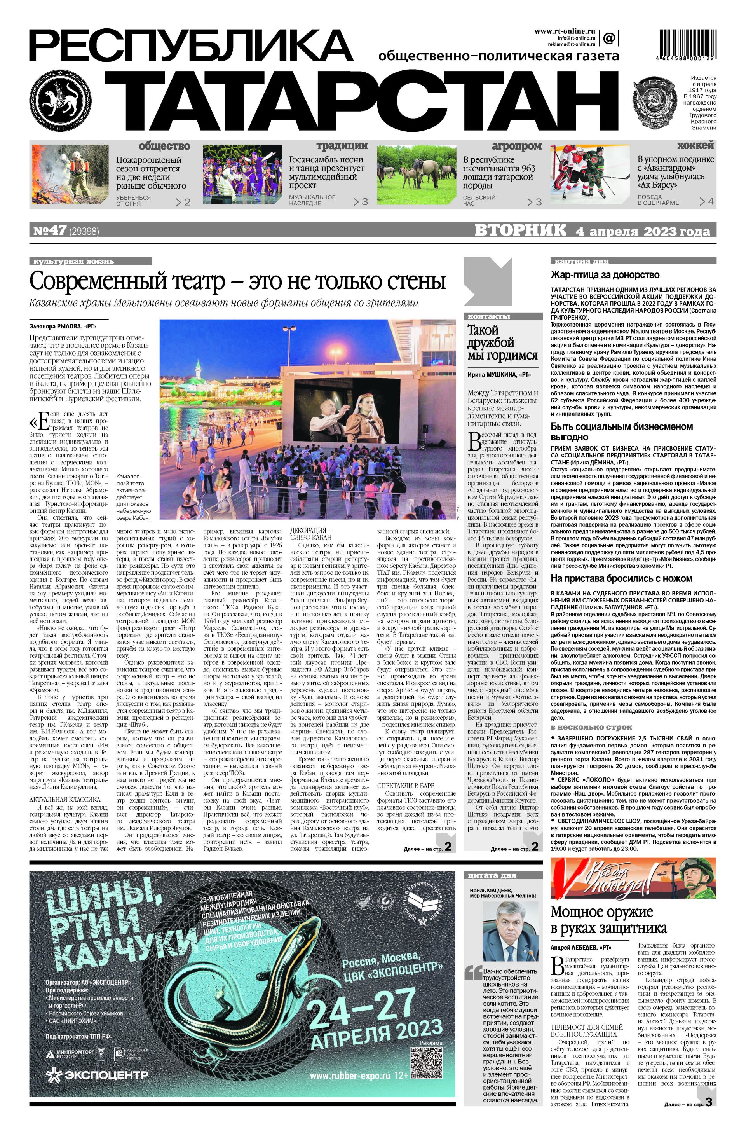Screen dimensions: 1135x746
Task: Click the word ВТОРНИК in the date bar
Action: click(x=519, y=231)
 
